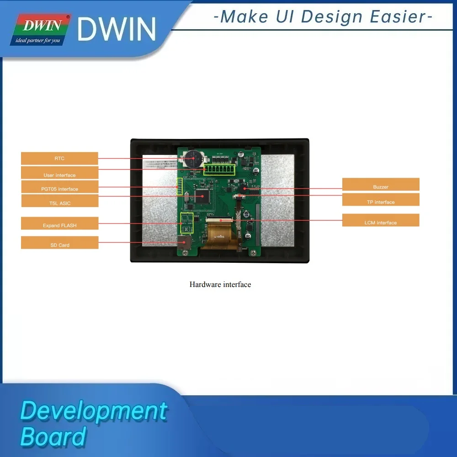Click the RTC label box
(x=59, y=159)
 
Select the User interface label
(x=59, y=175)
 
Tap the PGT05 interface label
(x=59, y=189)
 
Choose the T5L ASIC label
(x=59, y=203)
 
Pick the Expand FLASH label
(x=59, y=225)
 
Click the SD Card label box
(x=59, y=245)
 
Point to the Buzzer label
(x=381, y=187)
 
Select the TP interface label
(x=381, y=202)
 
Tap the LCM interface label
(x=381, y=223)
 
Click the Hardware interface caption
(x=220, y=284)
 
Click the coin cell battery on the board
(x=193, y=158)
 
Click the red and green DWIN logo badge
(x=41, y=30)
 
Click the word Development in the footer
(x=94, y=411)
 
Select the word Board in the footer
(x=53, y=436)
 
